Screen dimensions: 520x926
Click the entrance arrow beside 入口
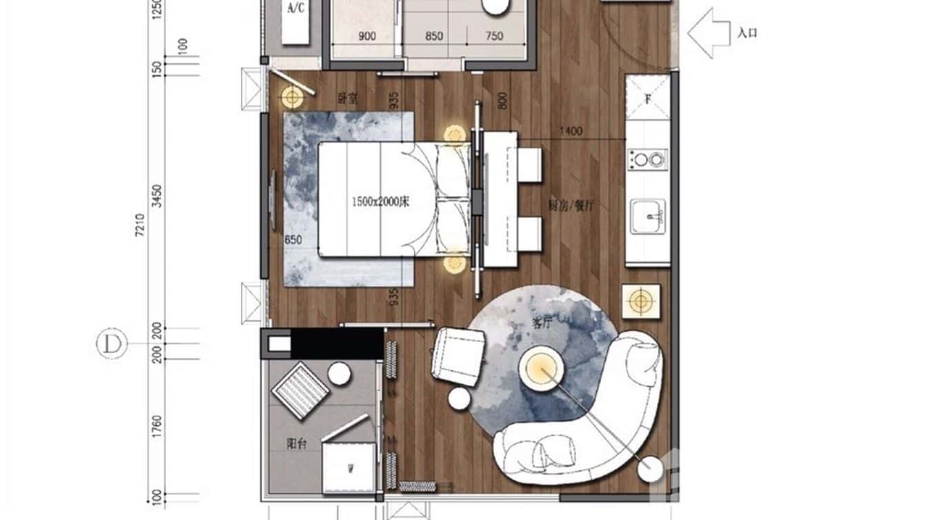click(x=709, y=32)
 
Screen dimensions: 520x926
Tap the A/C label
click(x=296, y=8)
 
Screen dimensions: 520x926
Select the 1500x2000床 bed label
click(x=381, y=202)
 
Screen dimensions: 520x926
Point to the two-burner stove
click(x=648, y=159)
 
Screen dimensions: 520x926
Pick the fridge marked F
click(x=648, y=98)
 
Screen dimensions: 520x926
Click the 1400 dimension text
click(x=571, y=131)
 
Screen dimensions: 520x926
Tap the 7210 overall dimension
click(x=141, y=226)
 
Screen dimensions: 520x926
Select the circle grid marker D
click(x=112, y=343)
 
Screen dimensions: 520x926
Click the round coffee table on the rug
click(x=542, y=370)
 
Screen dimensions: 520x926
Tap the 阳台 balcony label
click(x=297, y=445)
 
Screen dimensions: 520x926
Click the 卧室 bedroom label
click(x=346, y=98)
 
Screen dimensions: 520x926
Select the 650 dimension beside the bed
click(x=294, y=240)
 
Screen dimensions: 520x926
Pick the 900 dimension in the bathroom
click(x=367, y=37)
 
